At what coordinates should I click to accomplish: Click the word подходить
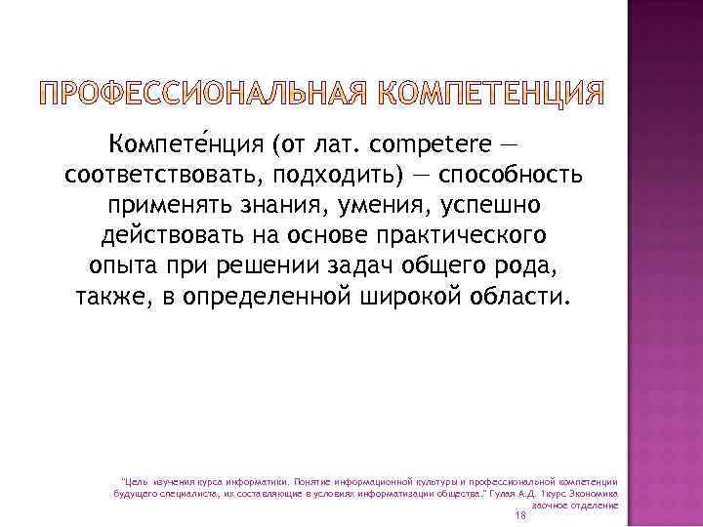click(345, 177)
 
